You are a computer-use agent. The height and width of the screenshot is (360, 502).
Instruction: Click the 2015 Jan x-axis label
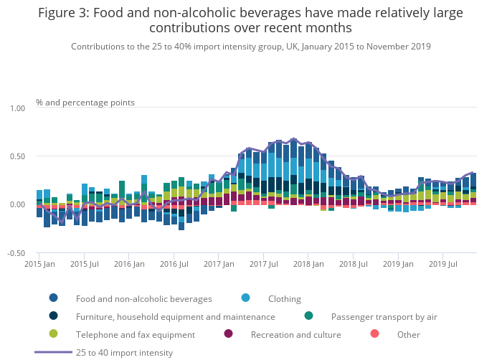coord(40,264)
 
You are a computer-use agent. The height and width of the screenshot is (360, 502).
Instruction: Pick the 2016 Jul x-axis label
coord(174,264)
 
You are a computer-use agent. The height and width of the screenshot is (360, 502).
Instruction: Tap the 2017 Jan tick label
coord(218,264)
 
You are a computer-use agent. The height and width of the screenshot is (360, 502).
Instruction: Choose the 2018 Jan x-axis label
coord(308,264)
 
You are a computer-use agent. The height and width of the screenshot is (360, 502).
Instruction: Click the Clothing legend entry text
coord(284,298)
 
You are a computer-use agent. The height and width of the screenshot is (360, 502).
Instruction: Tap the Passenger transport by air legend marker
coord(308,316)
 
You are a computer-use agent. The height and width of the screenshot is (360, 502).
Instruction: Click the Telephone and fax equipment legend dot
coord(54,334)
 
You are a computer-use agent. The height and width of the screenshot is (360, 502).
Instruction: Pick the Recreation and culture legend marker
coord(229,334)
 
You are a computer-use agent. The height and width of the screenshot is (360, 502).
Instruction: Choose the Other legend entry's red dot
coord(374,334)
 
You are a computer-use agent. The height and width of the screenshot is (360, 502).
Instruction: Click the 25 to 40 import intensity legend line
coord(54,352)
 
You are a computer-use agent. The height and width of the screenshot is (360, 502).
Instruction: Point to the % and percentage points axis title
coord(85,103)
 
